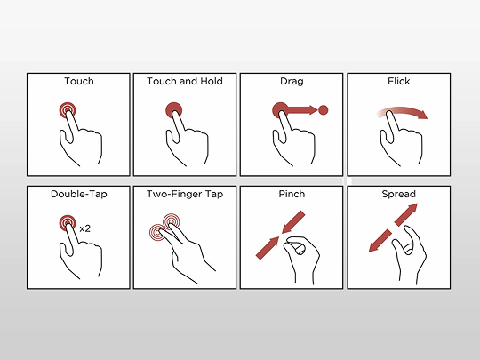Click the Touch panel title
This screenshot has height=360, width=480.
(79, 81)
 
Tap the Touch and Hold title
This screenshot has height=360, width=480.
(185, 81)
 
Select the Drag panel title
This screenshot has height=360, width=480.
(292, 82)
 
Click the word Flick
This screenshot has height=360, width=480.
(398, 81)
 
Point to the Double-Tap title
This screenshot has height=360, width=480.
(79, 194)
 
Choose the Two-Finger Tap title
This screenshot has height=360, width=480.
(185, 194)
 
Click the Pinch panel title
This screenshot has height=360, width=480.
(292, 194)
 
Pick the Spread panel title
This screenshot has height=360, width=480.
(398, 194)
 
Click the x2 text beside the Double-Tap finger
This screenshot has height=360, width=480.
(84, 228)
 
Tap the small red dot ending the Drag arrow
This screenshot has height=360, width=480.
(324, 110)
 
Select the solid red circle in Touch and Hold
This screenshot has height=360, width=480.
(174, 110)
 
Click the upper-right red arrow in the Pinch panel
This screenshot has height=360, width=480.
(293, 222)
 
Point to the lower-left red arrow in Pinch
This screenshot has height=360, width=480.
(268, 248)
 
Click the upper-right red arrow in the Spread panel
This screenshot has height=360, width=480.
(406, 215)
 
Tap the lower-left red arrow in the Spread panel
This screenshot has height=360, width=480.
(380, 241)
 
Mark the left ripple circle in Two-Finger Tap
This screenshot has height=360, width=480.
(157, 232)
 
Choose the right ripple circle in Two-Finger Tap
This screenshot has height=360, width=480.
(172, 221)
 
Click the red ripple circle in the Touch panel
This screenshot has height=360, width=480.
(68, 110)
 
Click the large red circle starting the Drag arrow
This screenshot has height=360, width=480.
(280, 110)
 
